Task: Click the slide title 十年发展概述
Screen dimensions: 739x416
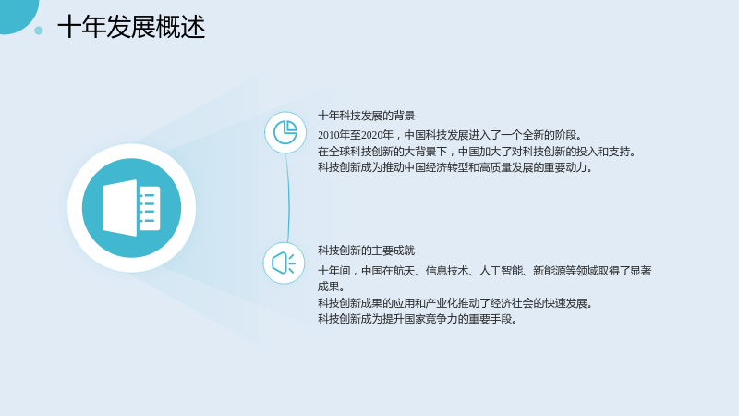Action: point(131,27)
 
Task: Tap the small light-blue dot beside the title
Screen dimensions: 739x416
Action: point(39,31)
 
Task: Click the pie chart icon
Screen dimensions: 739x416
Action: point(285,132)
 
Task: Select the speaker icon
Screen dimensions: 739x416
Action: point(284,263)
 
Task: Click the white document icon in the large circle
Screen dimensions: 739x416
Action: point(131,207)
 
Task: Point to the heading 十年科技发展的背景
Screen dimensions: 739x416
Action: point(366,116)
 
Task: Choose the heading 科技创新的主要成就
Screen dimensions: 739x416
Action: point(366,251)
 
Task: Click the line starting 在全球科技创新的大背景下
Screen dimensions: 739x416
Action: point(478,152)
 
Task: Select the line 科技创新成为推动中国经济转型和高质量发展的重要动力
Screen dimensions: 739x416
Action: point(455,167)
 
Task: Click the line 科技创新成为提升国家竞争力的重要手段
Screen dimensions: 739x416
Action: point(418,319)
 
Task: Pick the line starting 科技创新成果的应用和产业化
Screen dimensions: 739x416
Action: point(455,303)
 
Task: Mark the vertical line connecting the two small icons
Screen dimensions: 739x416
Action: point(288,198)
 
